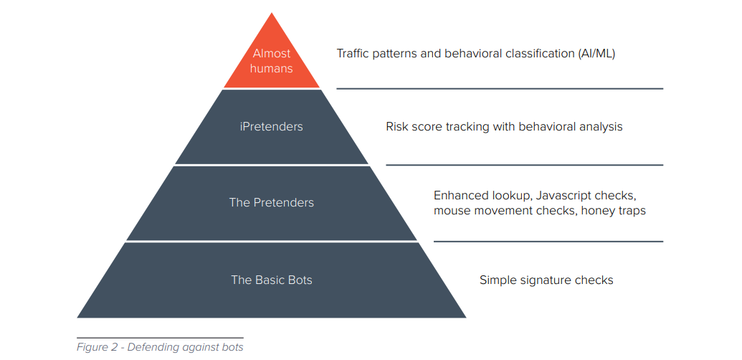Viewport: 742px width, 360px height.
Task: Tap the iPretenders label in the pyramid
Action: (x=271, y=127)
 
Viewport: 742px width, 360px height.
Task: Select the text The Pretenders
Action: (x=272, y=202)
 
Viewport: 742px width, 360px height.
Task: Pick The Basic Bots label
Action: (x=272, y=280)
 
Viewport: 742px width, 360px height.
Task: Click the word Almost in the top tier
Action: (x=272, y=54)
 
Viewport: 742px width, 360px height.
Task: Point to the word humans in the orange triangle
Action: (x=272, y=69)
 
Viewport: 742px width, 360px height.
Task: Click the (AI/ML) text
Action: (x=596, y=54)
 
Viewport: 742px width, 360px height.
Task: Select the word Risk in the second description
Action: (x=396, y=127)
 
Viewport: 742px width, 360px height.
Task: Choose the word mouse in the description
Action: (x=449, y=211)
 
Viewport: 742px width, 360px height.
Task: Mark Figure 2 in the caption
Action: (x=97, y=347)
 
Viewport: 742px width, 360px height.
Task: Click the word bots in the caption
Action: (x=232, y=347)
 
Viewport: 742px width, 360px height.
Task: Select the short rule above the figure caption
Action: (x=160, y=338)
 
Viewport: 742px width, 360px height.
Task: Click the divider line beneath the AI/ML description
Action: (x=500, y=88)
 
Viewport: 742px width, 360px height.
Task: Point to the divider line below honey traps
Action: (x=548, y=241)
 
